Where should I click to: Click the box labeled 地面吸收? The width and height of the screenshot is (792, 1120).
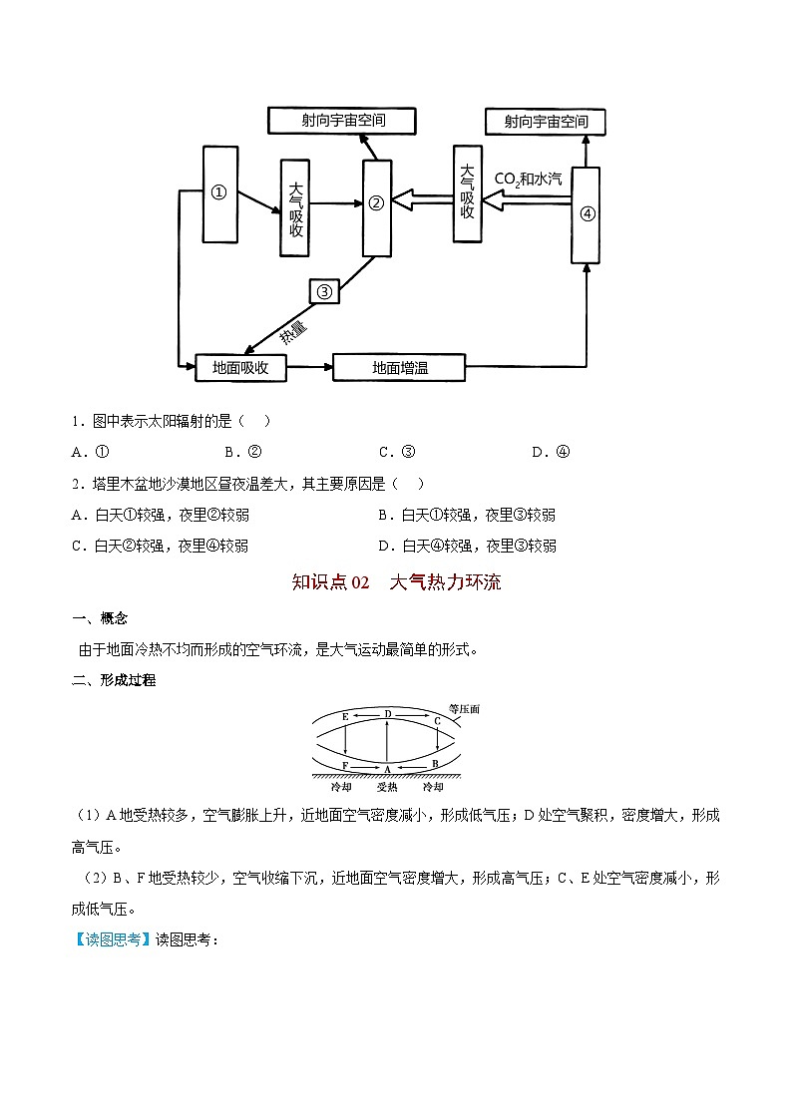241,368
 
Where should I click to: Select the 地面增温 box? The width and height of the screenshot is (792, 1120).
399,368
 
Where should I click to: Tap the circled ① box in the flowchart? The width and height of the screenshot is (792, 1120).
220,193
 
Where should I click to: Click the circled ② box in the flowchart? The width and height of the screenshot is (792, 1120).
376,205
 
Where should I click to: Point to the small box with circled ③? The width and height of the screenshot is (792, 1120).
324,290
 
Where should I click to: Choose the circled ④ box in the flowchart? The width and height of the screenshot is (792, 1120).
587,214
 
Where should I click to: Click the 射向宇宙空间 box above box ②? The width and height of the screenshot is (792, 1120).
343,121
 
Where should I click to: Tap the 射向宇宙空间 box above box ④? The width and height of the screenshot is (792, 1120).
546,122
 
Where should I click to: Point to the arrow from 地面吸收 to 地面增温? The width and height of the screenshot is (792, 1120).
309,368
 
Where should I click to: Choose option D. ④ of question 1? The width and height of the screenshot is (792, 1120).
551,452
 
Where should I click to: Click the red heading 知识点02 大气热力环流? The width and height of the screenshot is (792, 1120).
396,582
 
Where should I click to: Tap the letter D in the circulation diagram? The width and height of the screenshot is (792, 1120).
387,713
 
